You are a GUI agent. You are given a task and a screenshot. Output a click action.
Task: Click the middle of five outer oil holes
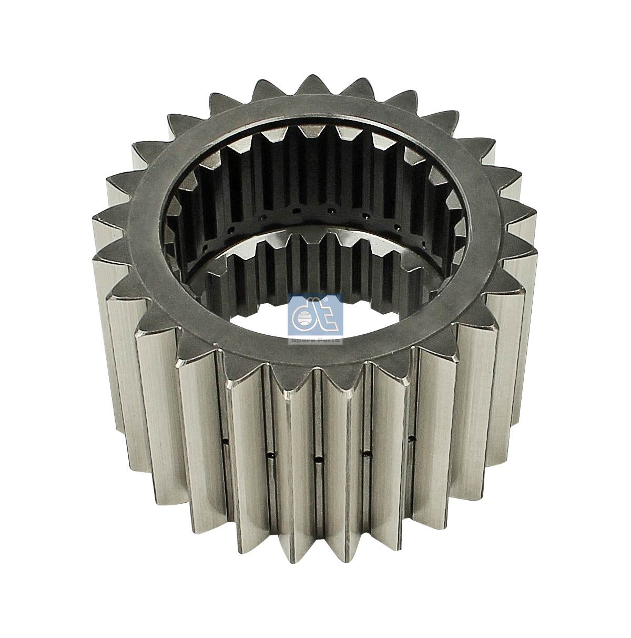click(x=318, y=460)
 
